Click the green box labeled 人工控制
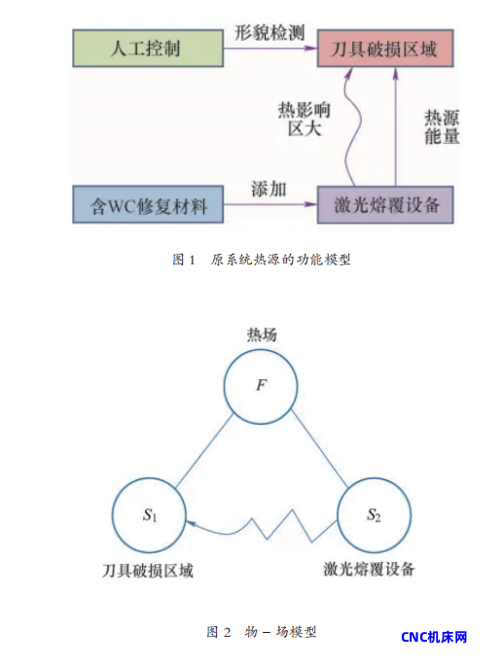(148, 48)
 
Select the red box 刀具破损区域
(385, 49)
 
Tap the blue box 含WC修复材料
(148, 204)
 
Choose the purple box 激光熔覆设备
(385, 205)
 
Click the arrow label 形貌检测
(269, 32)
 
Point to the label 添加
(269, 190)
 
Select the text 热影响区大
(304, 120)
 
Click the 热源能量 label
(442, 126)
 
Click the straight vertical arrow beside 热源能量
(396, 126)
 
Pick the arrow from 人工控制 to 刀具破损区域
(270, 49)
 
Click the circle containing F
(261, 386)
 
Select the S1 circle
(149, 515)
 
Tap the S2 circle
(374, 515)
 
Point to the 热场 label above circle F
(262, 334)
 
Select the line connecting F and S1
(204, 450)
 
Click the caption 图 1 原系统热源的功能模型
(262, 260)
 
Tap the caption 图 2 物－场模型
(262, 632)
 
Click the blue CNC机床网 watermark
(434, 637)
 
